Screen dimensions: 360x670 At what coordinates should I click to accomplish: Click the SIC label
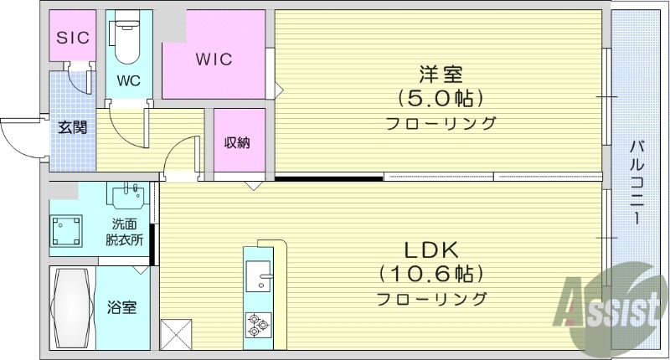coord(72,37)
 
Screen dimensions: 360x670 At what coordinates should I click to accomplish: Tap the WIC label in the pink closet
coord(214,60)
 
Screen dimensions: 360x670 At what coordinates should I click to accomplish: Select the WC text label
coord(128,81)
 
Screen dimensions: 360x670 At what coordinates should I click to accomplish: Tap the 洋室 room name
coord(441,74)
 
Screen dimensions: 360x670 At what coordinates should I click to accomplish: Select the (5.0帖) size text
coord(441,99)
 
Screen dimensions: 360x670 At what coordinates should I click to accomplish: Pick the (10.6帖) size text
coord(431,274)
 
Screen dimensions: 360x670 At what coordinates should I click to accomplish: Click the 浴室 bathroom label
coord(122,307)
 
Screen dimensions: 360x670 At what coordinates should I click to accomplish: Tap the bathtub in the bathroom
coord(72,307)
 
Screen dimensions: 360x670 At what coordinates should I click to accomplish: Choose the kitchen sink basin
coord(258,274)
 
